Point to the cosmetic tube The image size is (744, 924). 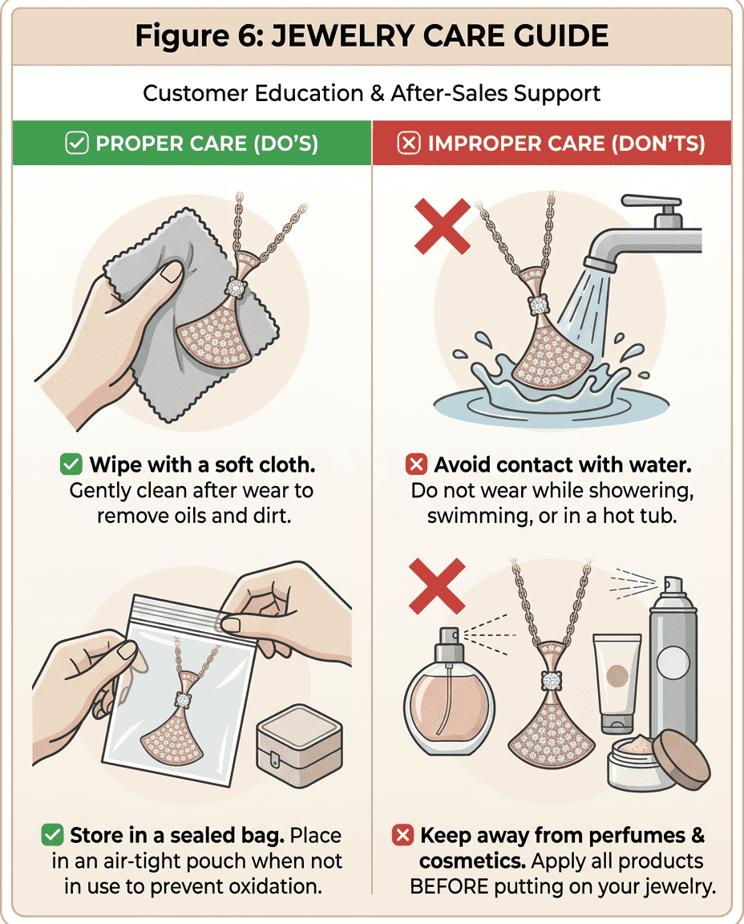pos(617,683)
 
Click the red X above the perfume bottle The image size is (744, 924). pos(437,586)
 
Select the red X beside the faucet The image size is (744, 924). pos(443,226)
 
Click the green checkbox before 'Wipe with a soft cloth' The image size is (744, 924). pos(71,464)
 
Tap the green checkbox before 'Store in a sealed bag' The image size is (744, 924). pos(52,834)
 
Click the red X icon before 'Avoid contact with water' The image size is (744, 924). pos(416,464)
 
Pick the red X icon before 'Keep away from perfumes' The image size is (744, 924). pos(402,834)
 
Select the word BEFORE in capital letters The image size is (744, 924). pos(449,886)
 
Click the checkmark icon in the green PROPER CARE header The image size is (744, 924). pos(77,144)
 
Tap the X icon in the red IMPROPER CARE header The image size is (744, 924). pos(409,144)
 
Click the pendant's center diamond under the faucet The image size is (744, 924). pos(539,306)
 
